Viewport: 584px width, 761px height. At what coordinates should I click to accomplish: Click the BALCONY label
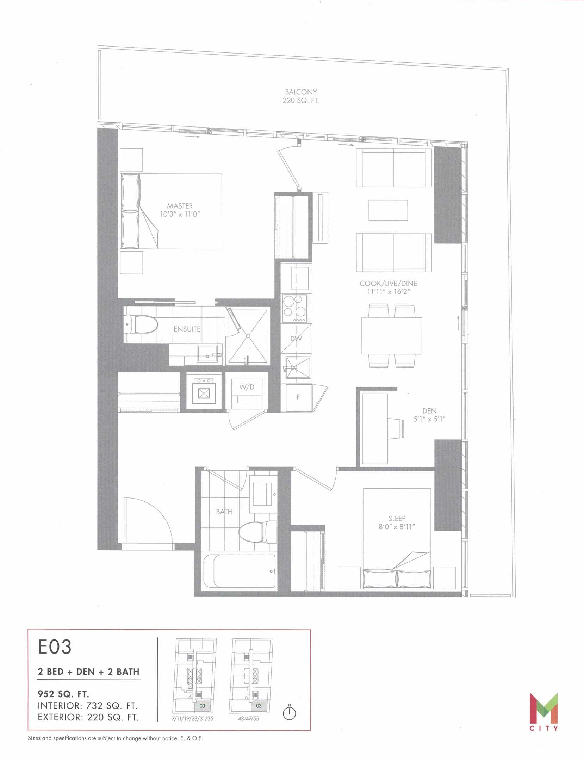tap(301, 92)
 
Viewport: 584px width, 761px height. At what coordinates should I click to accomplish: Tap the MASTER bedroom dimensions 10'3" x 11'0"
tap(180, 214)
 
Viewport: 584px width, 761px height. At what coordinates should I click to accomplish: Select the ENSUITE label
tap(187, 329)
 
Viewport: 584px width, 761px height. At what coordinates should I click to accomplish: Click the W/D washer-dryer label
tap(247, 387)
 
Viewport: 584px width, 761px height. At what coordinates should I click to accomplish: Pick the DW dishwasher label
tap(296, 339)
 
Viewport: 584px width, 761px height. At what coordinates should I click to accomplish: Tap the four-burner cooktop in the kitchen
tap(294, 309)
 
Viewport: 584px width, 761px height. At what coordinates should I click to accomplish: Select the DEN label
tap(429, 411)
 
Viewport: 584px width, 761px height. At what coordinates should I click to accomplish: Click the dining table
tap(392, 336)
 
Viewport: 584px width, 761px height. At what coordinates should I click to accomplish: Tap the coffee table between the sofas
tap(388, 210)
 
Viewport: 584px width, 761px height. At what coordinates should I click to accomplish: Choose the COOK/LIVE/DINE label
tap(389, 283)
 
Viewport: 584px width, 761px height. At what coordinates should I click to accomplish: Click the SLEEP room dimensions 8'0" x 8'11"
tap(397, 527)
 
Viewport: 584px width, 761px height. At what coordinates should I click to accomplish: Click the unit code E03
tap(55, 646)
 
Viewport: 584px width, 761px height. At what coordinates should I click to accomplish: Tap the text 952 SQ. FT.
tap(63, 694)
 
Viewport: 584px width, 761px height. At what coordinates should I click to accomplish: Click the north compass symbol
tap(290, 713)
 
